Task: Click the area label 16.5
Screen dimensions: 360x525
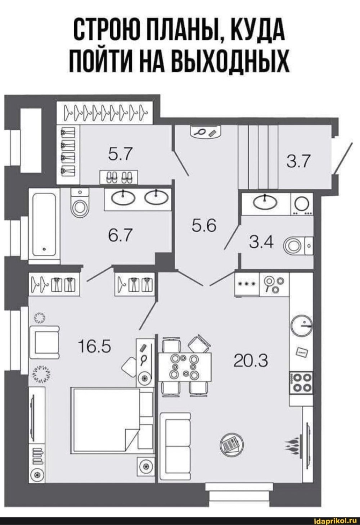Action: coord(95,347)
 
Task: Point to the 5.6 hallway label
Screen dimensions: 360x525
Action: coord(203,226)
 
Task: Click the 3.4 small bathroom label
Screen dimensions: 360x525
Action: coord(261,242)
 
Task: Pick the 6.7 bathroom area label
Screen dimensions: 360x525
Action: coord(121,235)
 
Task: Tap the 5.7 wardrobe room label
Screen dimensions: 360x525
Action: coord(121,153)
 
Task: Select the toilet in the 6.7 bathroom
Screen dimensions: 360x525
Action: coord(80,203)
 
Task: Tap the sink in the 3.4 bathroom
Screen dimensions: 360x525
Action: coord(265,202)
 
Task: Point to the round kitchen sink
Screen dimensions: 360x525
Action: coord(302,325)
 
